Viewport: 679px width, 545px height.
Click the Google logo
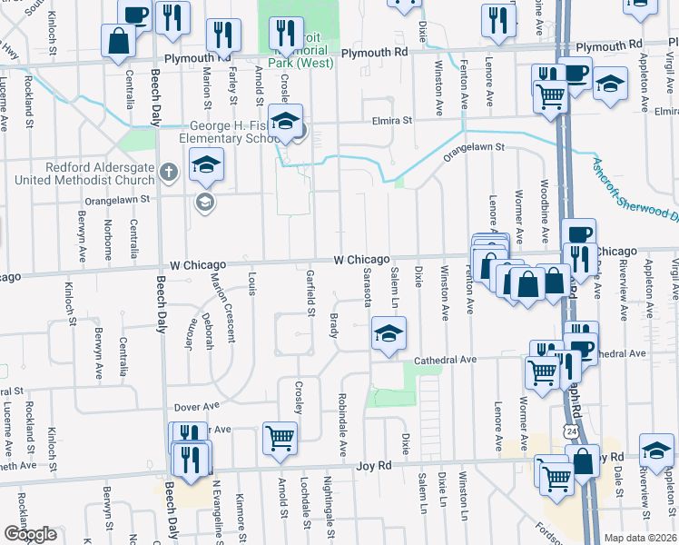pos(30,534)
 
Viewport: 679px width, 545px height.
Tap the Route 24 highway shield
pos(568,426)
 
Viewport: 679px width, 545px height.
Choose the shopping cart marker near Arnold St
pos(280,437)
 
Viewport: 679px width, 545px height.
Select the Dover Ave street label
pos(199,406)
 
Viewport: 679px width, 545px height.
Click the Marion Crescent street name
pos(223,309)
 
